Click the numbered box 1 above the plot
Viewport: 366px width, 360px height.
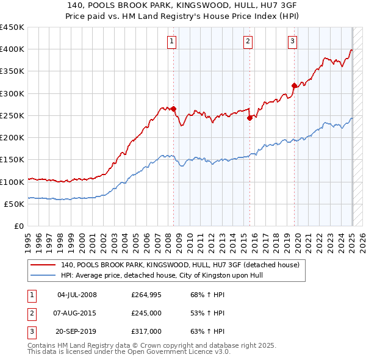tap(171, 41)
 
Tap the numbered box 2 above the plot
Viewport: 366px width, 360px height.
tap(248, 41)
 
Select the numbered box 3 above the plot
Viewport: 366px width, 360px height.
tap(293, 41)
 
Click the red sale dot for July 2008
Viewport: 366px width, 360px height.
tap(174, 109)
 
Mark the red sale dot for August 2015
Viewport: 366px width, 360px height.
tap(249, 118)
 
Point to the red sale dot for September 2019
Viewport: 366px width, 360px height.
tap(294, 86)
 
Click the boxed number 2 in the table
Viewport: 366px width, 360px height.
tap(31, 313)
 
